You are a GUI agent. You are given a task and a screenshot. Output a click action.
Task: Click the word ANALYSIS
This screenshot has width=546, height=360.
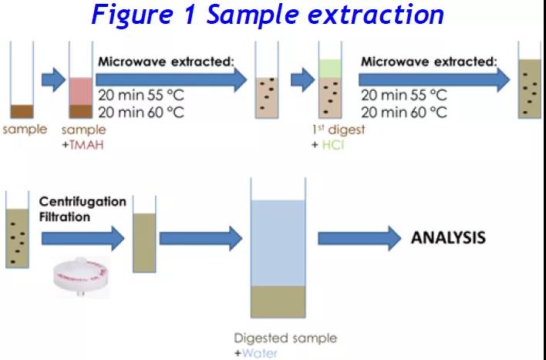tap(448, 237)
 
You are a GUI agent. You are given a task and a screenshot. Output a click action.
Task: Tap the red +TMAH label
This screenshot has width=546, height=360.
tap(83, 145)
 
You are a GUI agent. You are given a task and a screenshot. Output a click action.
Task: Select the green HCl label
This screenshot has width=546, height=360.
tap(333, 145)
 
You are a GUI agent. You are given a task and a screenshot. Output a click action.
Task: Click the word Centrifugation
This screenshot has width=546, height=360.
tap(83, 202)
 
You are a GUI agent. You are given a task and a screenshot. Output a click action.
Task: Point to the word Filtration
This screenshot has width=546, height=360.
tap(65, 217)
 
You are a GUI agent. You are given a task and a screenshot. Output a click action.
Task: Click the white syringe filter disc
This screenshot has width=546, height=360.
tap(82, 277)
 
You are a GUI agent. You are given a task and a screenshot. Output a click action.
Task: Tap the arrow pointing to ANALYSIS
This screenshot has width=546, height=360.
tap(359, 238)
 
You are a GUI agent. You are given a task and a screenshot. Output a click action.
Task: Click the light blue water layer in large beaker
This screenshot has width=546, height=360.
tap(278, 243)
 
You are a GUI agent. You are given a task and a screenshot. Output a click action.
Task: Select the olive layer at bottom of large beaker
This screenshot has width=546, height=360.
tap(278, 301)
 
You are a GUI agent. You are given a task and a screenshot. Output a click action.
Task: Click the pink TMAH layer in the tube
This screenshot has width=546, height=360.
tap(81, 91)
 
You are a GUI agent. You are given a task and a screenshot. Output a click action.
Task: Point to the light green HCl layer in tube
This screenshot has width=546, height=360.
tap(330, 69)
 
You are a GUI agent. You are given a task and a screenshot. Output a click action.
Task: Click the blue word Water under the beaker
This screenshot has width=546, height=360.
tap(260, 353)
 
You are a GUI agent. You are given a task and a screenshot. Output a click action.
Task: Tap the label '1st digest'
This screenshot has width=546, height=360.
tap(339, 130)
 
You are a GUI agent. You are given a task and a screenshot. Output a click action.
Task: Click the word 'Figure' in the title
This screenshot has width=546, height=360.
tap(133, 15)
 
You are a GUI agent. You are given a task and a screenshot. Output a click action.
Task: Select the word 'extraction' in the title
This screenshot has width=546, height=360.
tap(376, 14)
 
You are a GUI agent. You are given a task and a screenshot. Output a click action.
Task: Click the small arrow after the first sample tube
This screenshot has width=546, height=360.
tap(53, 80)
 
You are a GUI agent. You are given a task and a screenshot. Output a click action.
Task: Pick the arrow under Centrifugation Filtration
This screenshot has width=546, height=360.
tap(83, 238)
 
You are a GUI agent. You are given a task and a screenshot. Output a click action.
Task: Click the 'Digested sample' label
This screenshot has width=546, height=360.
tap(285, 338)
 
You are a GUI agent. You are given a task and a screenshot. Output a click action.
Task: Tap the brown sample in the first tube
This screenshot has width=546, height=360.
tap(22, 112)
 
